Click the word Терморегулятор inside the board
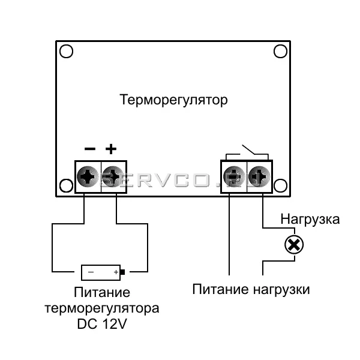[173, 99]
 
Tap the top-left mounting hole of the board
[67, 52]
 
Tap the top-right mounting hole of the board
[280, 52]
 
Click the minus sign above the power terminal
[89, 149]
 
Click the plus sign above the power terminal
[112, 149]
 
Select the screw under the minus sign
[89, 176]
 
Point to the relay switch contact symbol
[247, 149]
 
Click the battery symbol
[101, 272]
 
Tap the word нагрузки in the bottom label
[281, 289]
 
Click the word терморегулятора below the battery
[102, 309]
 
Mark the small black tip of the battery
[123, 272]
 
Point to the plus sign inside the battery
[116, 272]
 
